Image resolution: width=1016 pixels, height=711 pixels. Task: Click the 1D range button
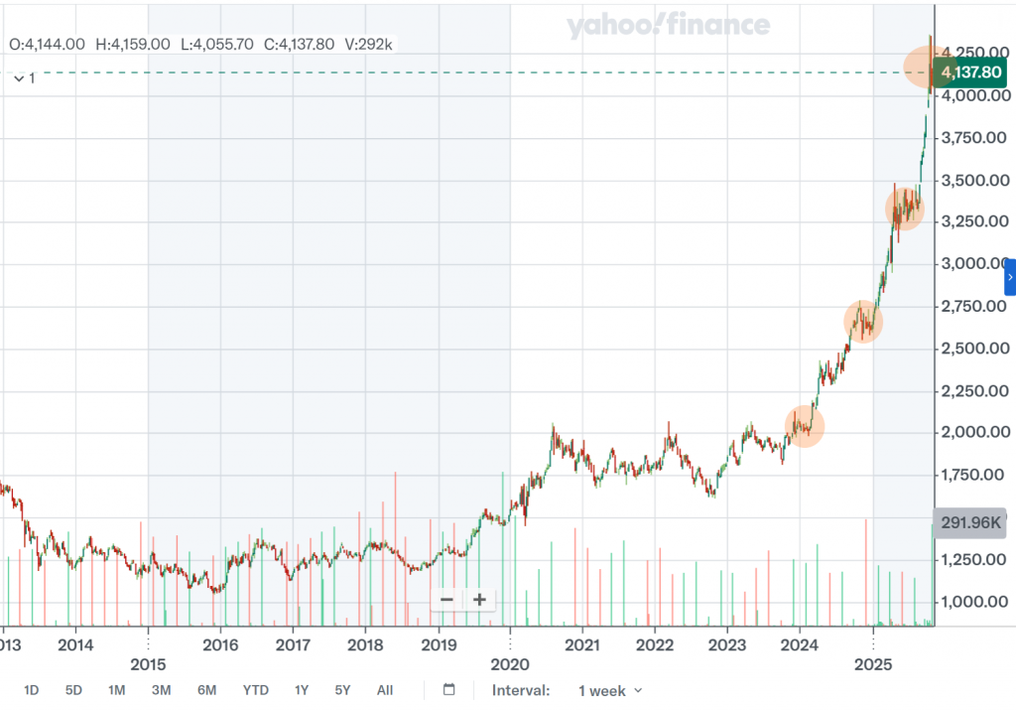point(32,690)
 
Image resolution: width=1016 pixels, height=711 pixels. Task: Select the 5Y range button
point(342,690)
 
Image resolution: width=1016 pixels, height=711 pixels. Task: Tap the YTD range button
point(255,690)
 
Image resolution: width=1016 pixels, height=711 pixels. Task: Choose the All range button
point(385,690)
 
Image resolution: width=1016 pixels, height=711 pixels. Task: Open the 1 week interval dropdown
point(610,690)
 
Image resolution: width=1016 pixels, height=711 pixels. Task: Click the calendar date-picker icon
point(448,690)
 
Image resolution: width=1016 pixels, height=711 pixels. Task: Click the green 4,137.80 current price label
point(971,72)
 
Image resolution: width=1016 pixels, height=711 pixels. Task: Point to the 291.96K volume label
point(969,523)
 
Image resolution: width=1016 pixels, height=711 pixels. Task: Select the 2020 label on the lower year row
point(510,663)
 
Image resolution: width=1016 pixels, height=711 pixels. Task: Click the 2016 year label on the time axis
point(219,644)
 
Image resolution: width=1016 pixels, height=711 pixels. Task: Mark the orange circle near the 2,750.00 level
point(862,321)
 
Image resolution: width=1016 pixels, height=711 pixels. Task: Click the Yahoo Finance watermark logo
point(668,26)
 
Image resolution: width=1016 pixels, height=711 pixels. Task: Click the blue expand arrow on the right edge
point(1010,277)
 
